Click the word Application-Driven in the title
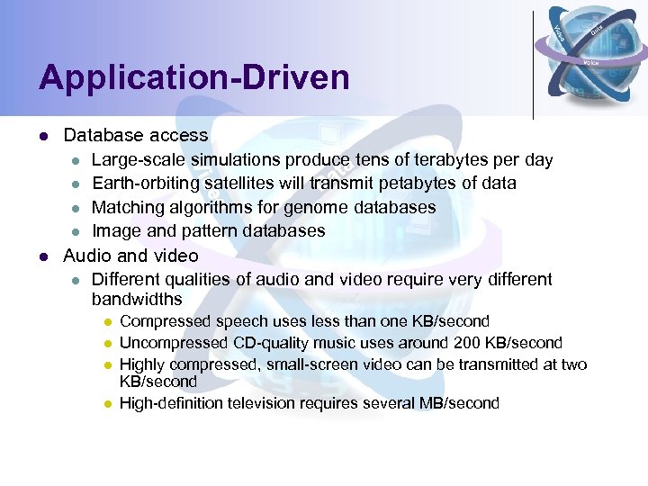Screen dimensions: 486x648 pos(193,77)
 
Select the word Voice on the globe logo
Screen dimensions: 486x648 pos(591,62)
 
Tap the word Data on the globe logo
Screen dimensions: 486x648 pos(597,31)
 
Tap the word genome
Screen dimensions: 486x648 pos(315,207)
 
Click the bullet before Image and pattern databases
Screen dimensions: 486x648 pos(76,231)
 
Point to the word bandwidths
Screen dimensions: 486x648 pos(137,299)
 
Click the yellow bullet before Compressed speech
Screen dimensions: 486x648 pos(106,322)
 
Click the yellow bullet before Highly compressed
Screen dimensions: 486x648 pos(106,365)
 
